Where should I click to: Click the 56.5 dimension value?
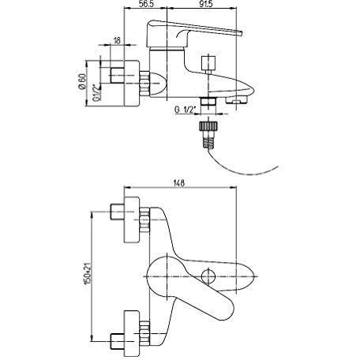[147, 4]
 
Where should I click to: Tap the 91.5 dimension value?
[205, 4]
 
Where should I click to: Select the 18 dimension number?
[117, 40]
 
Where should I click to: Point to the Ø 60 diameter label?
[82, 81]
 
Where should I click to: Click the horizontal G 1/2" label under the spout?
[186, 110]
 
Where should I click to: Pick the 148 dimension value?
[179, 183]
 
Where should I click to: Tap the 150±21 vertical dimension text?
[88, 273]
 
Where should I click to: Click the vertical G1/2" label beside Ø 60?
[97, 92]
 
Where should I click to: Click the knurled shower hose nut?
[208, 126]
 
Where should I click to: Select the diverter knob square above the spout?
[208, 63]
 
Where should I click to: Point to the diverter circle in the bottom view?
[208, 276]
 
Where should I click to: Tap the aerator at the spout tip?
[236, 100]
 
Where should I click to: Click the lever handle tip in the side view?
[240, 33]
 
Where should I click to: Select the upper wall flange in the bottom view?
[132, 219]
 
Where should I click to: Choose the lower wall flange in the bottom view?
[132, 333]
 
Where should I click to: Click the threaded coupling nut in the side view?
[144, 84]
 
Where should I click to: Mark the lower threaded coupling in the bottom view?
[144, 333]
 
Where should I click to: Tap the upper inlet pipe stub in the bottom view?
[117, 212]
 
